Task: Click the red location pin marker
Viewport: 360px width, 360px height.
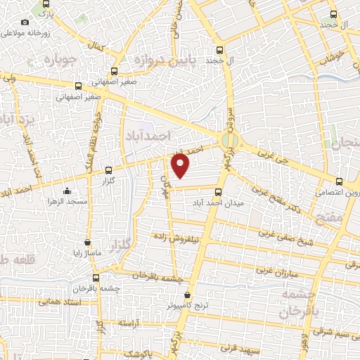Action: pos(181,165)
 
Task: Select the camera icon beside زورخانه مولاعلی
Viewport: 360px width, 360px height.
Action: pos(25,22)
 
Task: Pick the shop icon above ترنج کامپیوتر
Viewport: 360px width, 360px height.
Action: pos(187,295)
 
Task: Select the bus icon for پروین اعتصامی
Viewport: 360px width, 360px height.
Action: pos(340,180)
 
